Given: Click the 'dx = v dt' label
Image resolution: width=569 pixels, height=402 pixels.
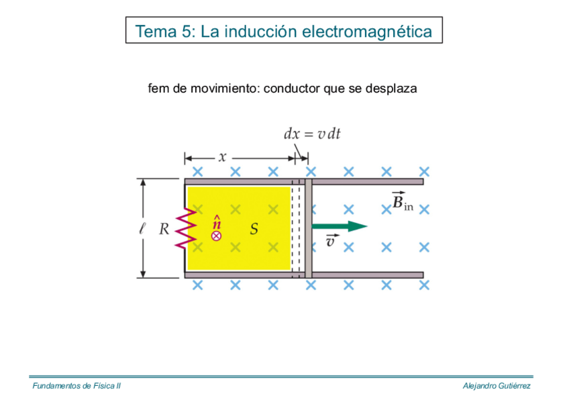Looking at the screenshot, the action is (312, 134).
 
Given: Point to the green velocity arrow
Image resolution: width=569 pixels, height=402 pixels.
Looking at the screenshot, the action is (339, 226).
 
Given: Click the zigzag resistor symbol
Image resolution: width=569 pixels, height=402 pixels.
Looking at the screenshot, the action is (186, 228).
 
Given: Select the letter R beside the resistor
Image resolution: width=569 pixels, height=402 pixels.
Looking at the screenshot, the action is (164, 230).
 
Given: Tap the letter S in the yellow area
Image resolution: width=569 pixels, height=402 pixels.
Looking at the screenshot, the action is (254, 230).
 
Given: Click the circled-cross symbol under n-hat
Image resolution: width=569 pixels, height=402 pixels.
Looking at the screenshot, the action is (216, 236).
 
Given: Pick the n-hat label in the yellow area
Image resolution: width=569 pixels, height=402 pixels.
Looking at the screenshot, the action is (217, 222).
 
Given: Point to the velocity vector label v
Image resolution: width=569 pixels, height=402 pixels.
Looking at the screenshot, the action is (331, 241).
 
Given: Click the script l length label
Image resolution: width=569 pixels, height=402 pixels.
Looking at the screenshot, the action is (142, 229).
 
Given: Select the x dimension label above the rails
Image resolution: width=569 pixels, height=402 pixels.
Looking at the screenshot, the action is (222, 158).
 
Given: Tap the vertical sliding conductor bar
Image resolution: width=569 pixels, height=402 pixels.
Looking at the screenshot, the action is (309, 228).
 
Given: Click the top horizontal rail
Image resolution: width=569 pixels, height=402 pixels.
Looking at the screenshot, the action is (362, 181).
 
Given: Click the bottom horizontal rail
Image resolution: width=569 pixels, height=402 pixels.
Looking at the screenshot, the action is (362, 274).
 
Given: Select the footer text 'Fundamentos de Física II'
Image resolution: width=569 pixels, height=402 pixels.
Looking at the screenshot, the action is (76, 387).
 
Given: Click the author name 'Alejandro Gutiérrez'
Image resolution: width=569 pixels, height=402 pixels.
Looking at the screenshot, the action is (497, 387).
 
